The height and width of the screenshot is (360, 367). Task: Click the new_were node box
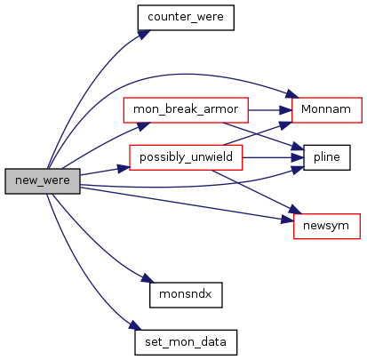(x=43, y=181)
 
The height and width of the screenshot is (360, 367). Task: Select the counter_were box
(x=186, y=18)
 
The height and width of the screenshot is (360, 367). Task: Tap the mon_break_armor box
(x=186, y=110)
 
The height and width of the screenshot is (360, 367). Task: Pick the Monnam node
(x=327, y=109)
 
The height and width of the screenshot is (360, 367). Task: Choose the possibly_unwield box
(x=186, y=157)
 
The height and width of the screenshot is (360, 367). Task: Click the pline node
(x=327, y=157)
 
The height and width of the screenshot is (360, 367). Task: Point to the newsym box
(x=327, y=226)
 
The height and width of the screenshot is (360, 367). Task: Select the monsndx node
(x=186, y=295)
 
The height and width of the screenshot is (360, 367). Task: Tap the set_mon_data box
(x=186, y=342)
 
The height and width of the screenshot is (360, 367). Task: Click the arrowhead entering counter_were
(x=144, y=35)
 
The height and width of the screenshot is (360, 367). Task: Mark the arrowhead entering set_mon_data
(x=135, y=325)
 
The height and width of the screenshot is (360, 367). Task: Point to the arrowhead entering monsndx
(x=148, y=278)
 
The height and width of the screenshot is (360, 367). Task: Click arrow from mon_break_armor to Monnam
(x=270, y=110)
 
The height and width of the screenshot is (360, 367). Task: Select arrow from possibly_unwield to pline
(x=273, y=157)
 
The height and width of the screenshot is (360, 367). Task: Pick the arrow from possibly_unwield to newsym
(x=256, y=192)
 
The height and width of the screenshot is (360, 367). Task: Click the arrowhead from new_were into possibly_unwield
(x=124, y=169)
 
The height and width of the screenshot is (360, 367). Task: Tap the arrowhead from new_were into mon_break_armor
(x=144, y=126)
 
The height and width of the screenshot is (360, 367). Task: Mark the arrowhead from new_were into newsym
(x=287, y=220)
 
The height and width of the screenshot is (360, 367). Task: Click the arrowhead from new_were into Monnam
(x=292, y=94)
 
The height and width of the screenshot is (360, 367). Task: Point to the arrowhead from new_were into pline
(x=298, y=170)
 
